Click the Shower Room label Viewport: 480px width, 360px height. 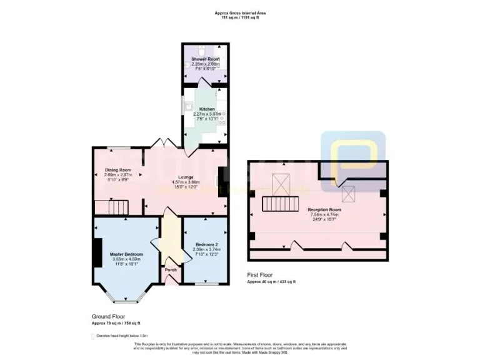(x=204, y=59)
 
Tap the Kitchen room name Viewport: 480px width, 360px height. (x=206, y=109)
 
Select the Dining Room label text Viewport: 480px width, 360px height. (x=117, y=170)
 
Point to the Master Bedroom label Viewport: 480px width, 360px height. (x=126, y=254)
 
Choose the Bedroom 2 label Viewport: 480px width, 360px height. (x=206, y=245)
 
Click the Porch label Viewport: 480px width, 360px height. (x=170, y=270)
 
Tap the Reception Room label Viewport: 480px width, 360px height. (x=324, y=209)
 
